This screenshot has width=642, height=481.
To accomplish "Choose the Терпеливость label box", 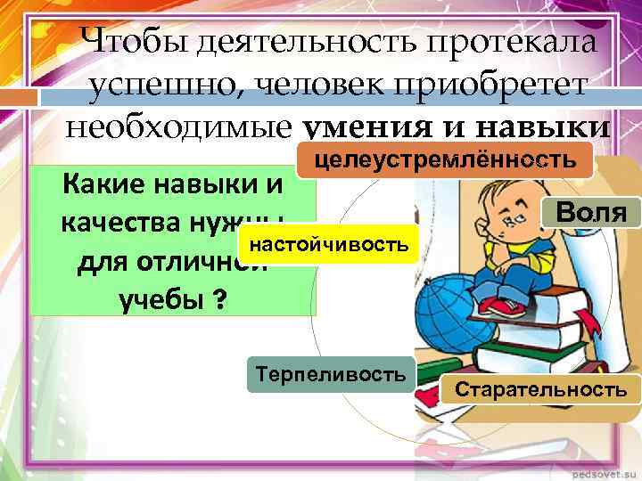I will coord(330,373).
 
